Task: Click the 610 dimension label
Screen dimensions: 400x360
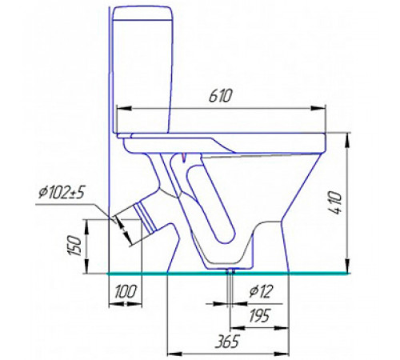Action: (221, 96)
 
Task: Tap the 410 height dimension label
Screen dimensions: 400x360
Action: (335, 202)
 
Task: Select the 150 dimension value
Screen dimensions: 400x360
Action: (75, 246)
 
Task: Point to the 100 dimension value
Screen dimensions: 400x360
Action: (126, 291)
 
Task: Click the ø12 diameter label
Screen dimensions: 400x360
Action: (261, 291)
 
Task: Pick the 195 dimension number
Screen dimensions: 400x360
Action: (260, 315)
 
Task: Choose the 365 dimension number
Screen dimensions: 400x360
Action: (227, 341)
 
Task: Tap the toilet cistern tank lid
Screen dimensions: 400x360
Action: (142, 13)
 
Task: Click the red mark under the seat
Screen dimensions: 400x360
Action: (183, 158)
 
